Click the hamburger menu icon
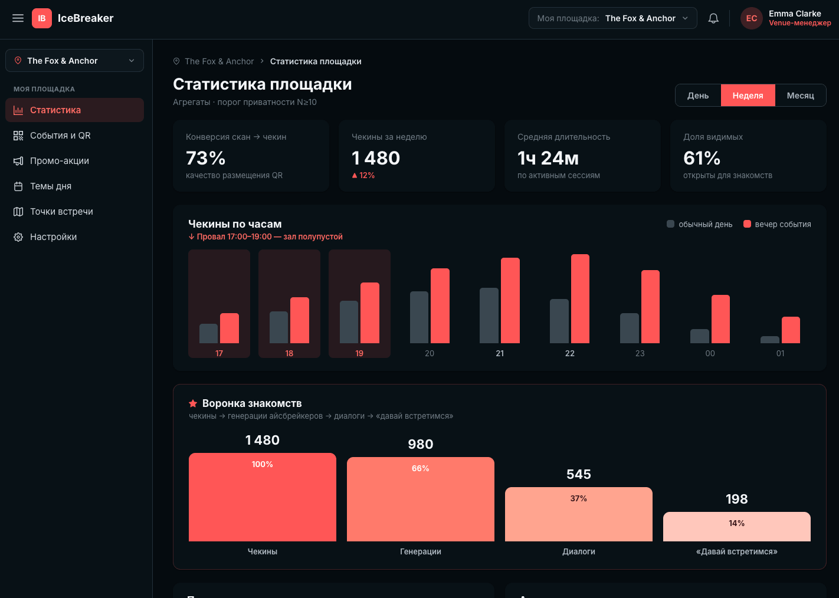(x=18, y=18)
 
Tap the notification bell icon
(x=713, y=18)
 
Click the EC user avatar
(x=751, y=18)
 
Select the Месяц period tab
(x=800, y=96)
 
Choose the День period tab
(x=698, y=96)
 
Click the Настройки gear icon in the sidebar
(x=18, y=237)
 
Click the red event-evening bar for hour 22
(x=580, y=298)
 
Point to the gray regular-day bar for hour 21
(x=489, y=316)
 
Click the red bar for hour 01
(x=790, y=330)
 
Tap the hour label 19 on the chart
(x=359, y=353)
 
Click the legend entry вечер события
(x=777, y=224)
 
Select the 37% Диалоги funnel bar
(x=578, y=514)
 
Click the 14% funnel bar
(x=736, y=527)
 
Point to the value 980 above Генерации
(x=420, y=444)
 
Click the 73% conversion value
(x=206, y=158)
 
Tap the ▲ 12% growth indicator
(x=363, y=175)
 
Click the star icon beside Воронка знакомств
(x=193, y=403)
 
